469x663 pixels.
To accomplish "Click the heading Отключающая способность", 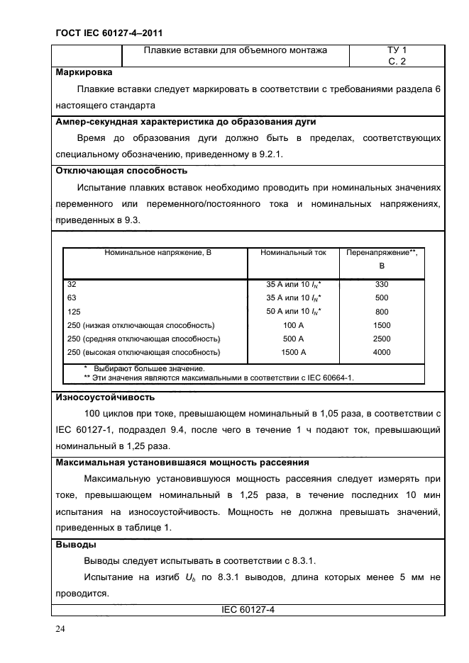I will click(x=121, y=171).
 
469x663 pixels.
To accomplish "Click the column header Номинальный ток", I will click(x=293, y=252).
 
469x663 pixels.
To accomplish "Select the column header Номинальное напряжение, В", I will click(x=154, y=252).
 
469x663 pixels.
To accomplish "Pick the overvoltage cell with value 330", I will click(x=382, y=284).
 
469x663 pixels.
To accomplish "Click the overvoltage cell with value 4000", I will click(x=382, y=352).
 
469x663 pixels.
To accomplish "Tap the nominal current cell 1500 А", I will click(x=293, y=352).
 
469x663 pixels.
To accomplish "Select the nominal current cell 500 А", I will click(x=293, y=339).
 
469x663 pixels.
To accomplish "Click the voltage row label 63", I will click(x=72, y=298).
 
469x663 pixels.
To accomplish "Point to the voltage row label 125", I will click(x=73, y=312).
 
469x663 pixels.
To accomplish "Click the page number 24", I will click(x=57, y=629).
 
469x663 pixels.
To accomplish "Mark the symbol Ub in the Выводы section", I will click(x=193, y=578).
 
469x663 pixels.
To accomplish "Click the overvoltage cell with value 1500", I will click(x=382, y=325).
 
